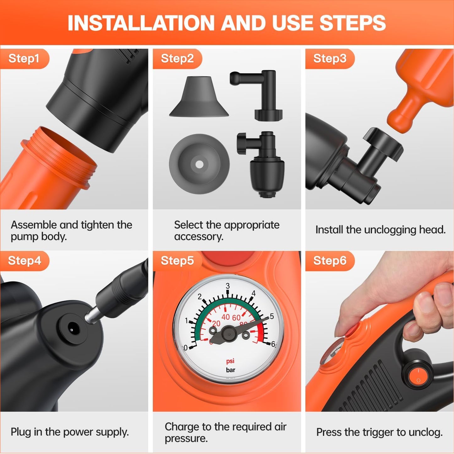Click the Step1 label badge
(24, 59)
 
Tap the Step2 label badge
(177, 59)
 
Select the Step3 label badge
(330, 59)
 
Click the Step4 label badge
(25, 261)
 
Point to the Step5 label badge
(177, 261)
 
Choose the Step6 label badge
(330, 261)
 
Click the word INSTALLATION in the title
(141, 23)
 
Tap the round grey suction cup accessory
(199, 164)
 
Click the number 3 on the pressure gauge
(228, 286)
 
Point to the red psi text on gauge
(230, 361)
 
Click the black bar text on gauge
(230, 370)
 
